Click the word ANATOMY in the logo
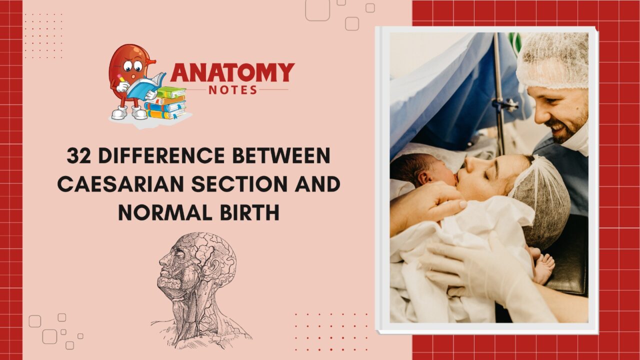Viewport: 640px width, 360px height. click(x=232, y=72)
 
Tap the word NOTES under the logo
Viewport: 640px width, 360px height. click(x=233, y=90)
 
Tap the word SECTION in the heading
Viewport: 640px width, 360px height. click(x=239, y=184)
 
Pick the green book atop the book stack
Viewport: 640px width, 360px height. click(x=171, y=92)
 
